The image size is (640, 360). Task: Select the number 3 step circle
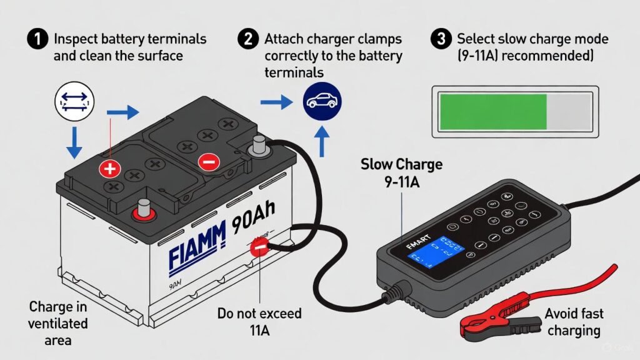pos(441,39)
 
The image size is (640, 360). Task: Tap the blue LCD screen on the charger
pos(437,254)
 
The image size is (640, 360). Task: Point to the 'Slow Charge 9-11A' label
pos(401,174)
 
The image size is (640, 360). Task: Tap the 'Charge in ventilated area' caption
pos(58,324)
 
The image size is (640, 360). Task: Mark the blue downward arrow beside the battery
pos(74,141)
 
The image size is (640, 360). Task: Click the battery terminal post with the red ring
pos(144,209)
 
